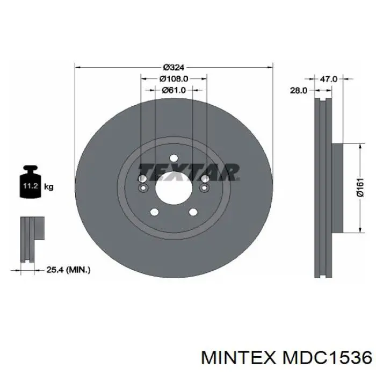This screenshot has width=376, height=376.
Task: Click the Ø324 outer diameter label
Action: (x=173, y=68)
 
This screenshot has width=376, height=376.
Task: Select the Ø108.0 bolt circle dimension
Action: (x=173, y=78)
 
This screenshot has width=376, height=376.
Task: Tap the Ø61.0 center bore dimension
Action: (x=173, y=90)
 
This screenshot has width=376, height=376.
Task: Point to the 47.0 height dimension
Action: (x=329, y=79)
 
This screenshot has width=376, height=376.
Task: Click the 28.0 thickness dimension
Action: (x=299, y=90)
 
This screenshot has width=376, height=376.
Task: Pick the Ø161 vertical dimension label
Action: (x=360, y=187)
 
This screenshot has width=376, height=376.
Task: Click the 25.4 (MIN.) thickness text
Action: (x=68, y=270)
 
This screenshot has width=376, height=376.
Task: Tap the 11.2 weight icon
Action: (x=30, y=182)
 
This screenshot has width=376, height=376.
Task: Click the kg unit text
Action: (x=48, y=186)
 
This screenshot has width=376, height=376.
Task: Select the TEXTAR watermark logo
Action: (x=189, y=172)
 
